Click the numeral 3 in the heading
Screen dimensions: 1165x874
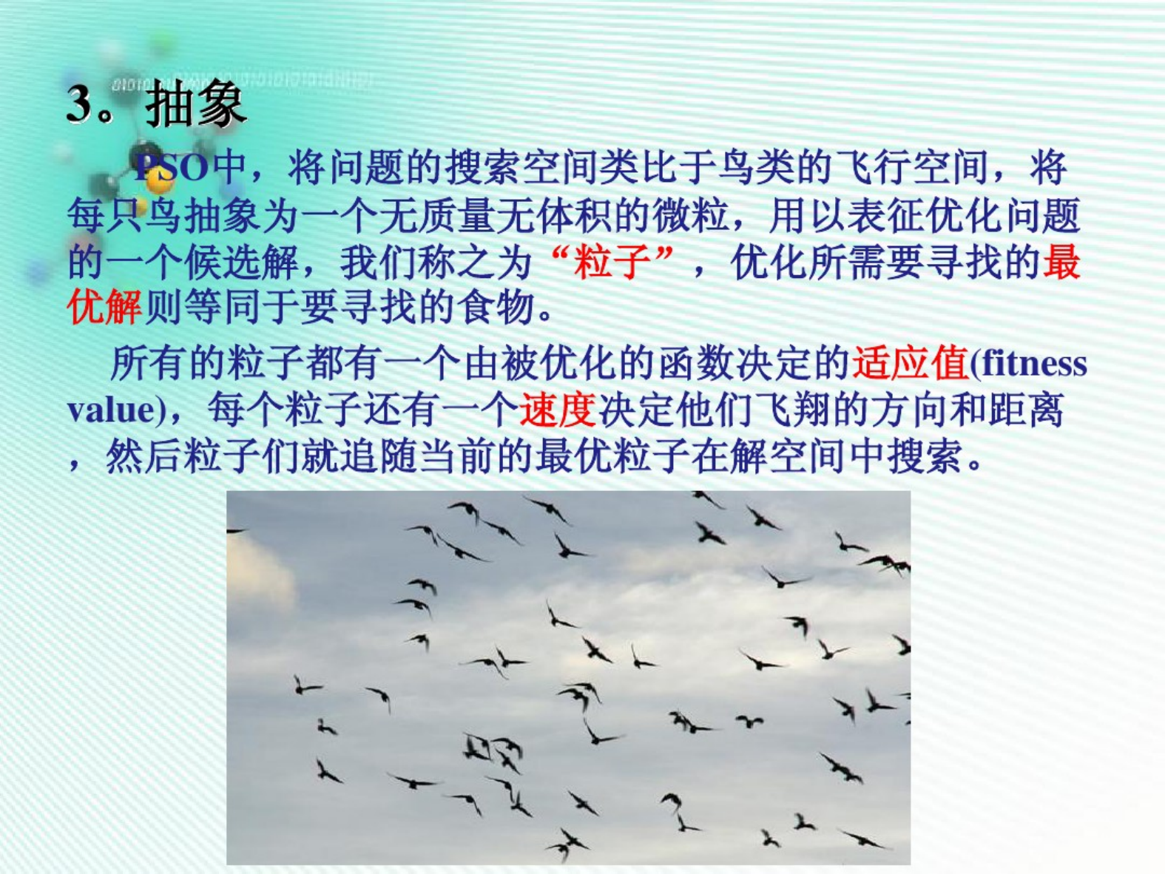coord(81,104)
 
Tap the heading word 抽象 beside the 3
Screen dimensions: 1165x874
coord(195,104)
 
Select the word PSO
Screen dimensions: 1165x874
coord(171,169)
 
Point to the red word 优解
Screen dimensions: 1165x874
coord(104,308)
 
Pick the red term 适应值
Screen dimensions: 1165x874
coord(911,364)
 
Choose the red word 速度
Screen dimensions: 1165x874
coord(557,410)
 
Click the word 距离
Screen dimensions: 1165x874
coord(1025,410)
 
